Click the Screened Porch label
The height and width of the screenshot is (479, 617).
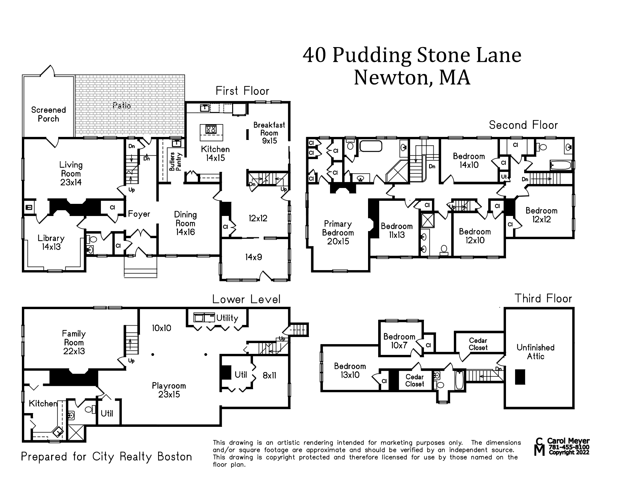[x=48, y=114]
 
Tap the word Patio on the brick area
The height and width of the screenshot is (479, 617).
[x=122, y=106]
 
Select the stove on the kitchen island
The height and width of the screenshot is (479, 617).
[x=211, y=129]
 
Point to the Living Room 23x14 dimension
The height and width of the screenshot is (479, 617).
[x=71, y=182]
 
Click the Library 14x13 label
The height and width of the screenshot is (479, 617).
[x=51, y=242]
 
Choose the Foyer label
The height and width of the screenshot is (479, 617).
[x=139, y=214]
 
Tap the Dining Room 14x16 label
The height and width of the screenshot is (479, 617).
[x=185, y=223]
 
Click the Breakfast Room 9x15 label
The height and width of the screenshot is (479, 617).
[x=269, y=133]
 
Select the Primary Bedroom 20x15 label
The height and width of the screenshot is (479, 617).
[x=338, y=232]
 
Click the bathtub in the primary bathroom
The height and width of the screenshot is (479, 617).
[x=371, y=146]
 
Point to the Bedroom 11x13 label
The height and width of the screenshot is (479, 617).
[x=397, y=230]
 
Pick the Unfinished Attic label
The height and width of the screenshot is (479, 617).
[x=535, y=352]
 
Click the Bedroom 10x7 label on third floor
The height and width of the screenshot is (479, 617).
[x=399, y=341]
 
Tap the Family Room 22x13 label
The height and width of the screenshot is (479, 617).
[x=74, y=342]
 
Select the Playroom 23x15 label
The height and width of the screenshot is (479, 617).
[x=169, y=390]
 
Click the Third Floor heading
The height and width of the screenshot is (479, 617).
[x=543, y=298]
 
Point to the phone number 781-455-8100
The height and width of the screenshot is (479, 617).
[x=569, y=447]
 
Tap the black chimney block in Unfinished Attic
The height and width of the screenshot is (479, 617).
[x=520, y=377]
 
